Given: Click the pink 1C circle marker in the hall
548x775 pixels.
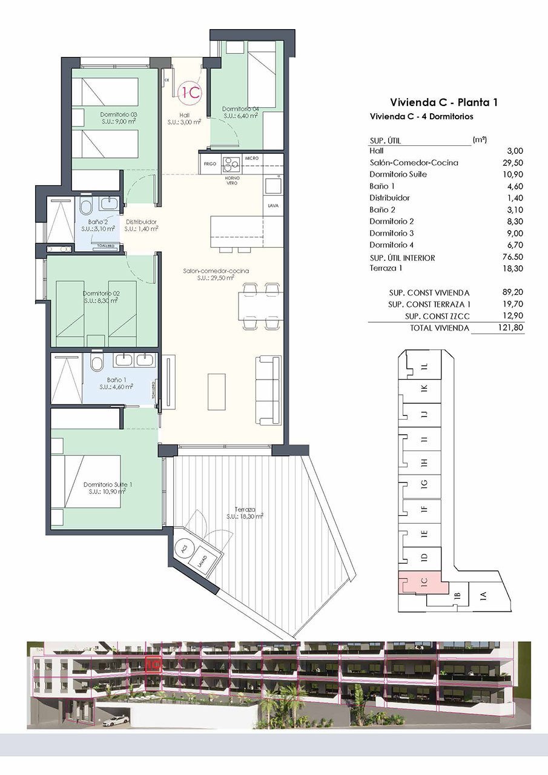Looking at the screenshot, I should click(x=191, y=92).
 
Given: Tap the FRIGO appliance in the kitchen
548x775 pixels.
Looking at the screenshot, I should click(x=210, y=163).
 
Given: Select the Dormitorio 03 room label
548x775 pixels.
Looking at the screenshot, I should click(x=119, y=117).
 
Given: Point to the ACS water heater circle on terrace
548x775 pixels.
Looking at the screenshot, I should click(x=183, y=547).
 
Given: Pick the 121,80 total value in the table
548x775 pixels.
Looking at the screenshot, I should click(x=510, y=328).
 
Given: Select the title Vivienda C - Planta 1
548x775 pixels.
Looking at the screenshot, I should click(x=444, y=102).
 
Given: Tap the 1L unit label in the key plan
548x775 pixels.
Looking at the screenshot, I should click(x=424, y=366).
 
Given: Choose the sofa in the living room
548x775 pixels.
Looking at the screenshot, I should click(x=268, y=391).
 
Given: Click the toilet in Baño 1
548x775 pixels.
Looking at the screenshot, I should click(x=96, y=364).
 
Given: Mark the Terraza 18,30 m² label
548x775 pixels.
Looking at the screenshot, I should click(x=245, y=513).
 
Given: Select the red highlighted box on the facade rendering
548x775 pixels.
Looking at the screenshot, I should click(x=153, y=663).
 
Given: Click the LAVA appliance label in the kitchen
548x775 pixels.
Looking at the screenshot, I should click(x=272, y=206).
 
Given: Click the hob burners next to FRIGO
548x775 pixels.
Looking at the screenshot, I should click(x=231, y=163).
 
